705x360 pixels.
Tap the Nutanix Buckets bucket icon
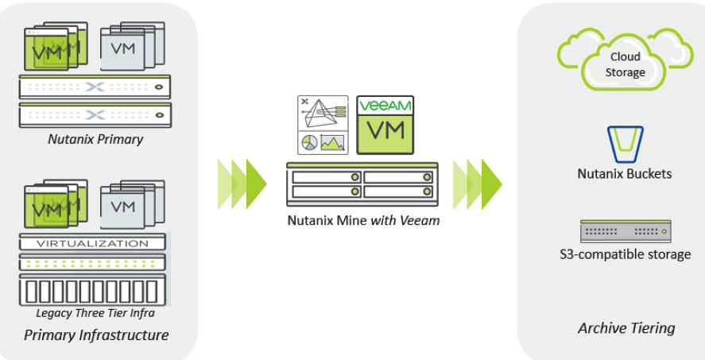[x=624, y=144]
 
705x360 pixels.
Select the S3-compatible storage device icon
[x=625, y=231]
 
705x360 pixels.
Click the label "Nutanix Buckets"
[x=624, y=173]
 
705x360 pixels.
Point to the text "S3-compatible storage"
[x=625, y=254]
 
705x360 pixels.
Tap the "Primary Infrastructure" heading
[x=96, y=335]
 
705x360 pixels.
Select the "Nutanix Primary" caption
[x=95, y=139]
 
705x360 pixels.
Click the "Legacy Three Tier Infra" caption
[x=95, y=312]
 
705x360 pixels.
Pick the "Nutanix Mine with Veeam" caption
[x=363, y=220]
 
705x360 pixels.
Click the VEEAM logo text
[x=385, y=106]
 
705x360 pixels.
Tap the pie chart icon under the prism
[x=309, y=143]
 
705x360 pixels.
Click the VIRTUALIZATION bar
[x=93, y=243]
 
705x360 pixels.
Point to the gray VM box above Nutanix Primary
[x=123, y=48]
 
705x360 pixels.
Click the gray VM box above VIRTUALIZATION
[x=123, y=207]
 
